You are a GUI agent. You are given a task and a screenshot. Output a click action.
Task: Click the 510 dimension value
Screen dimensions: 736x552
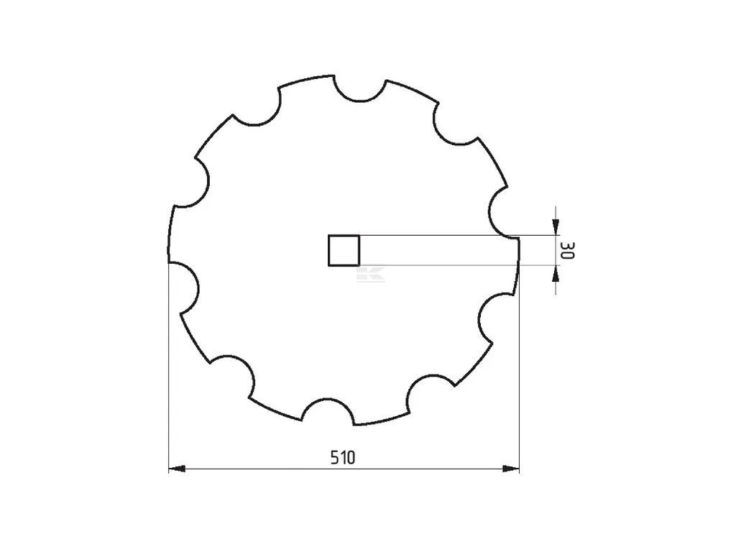343,457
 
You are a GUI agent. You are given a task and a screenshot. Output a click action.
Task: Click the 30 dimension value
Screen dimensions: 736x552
568,250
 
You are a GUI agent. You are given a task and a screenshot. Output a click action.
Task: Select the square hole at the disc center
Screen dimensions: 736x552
344,251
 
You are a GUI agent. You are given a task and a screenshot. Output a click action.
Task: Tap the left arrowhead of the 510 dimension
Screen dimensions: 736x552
177,469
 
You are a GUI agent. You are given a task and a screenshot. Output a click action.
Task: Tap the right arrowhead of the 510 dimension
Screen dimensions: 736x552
511,469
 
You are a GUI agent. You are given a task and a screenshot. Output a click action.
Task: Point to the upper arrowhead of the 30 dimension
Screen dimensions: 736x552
556,226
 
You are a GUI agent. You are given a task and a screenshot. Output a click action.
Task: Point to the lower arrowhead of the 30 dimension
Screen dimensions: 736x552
556,273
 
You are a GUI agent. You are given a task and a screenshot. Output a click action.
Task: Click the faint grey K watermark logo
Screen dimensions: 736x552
371,274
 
